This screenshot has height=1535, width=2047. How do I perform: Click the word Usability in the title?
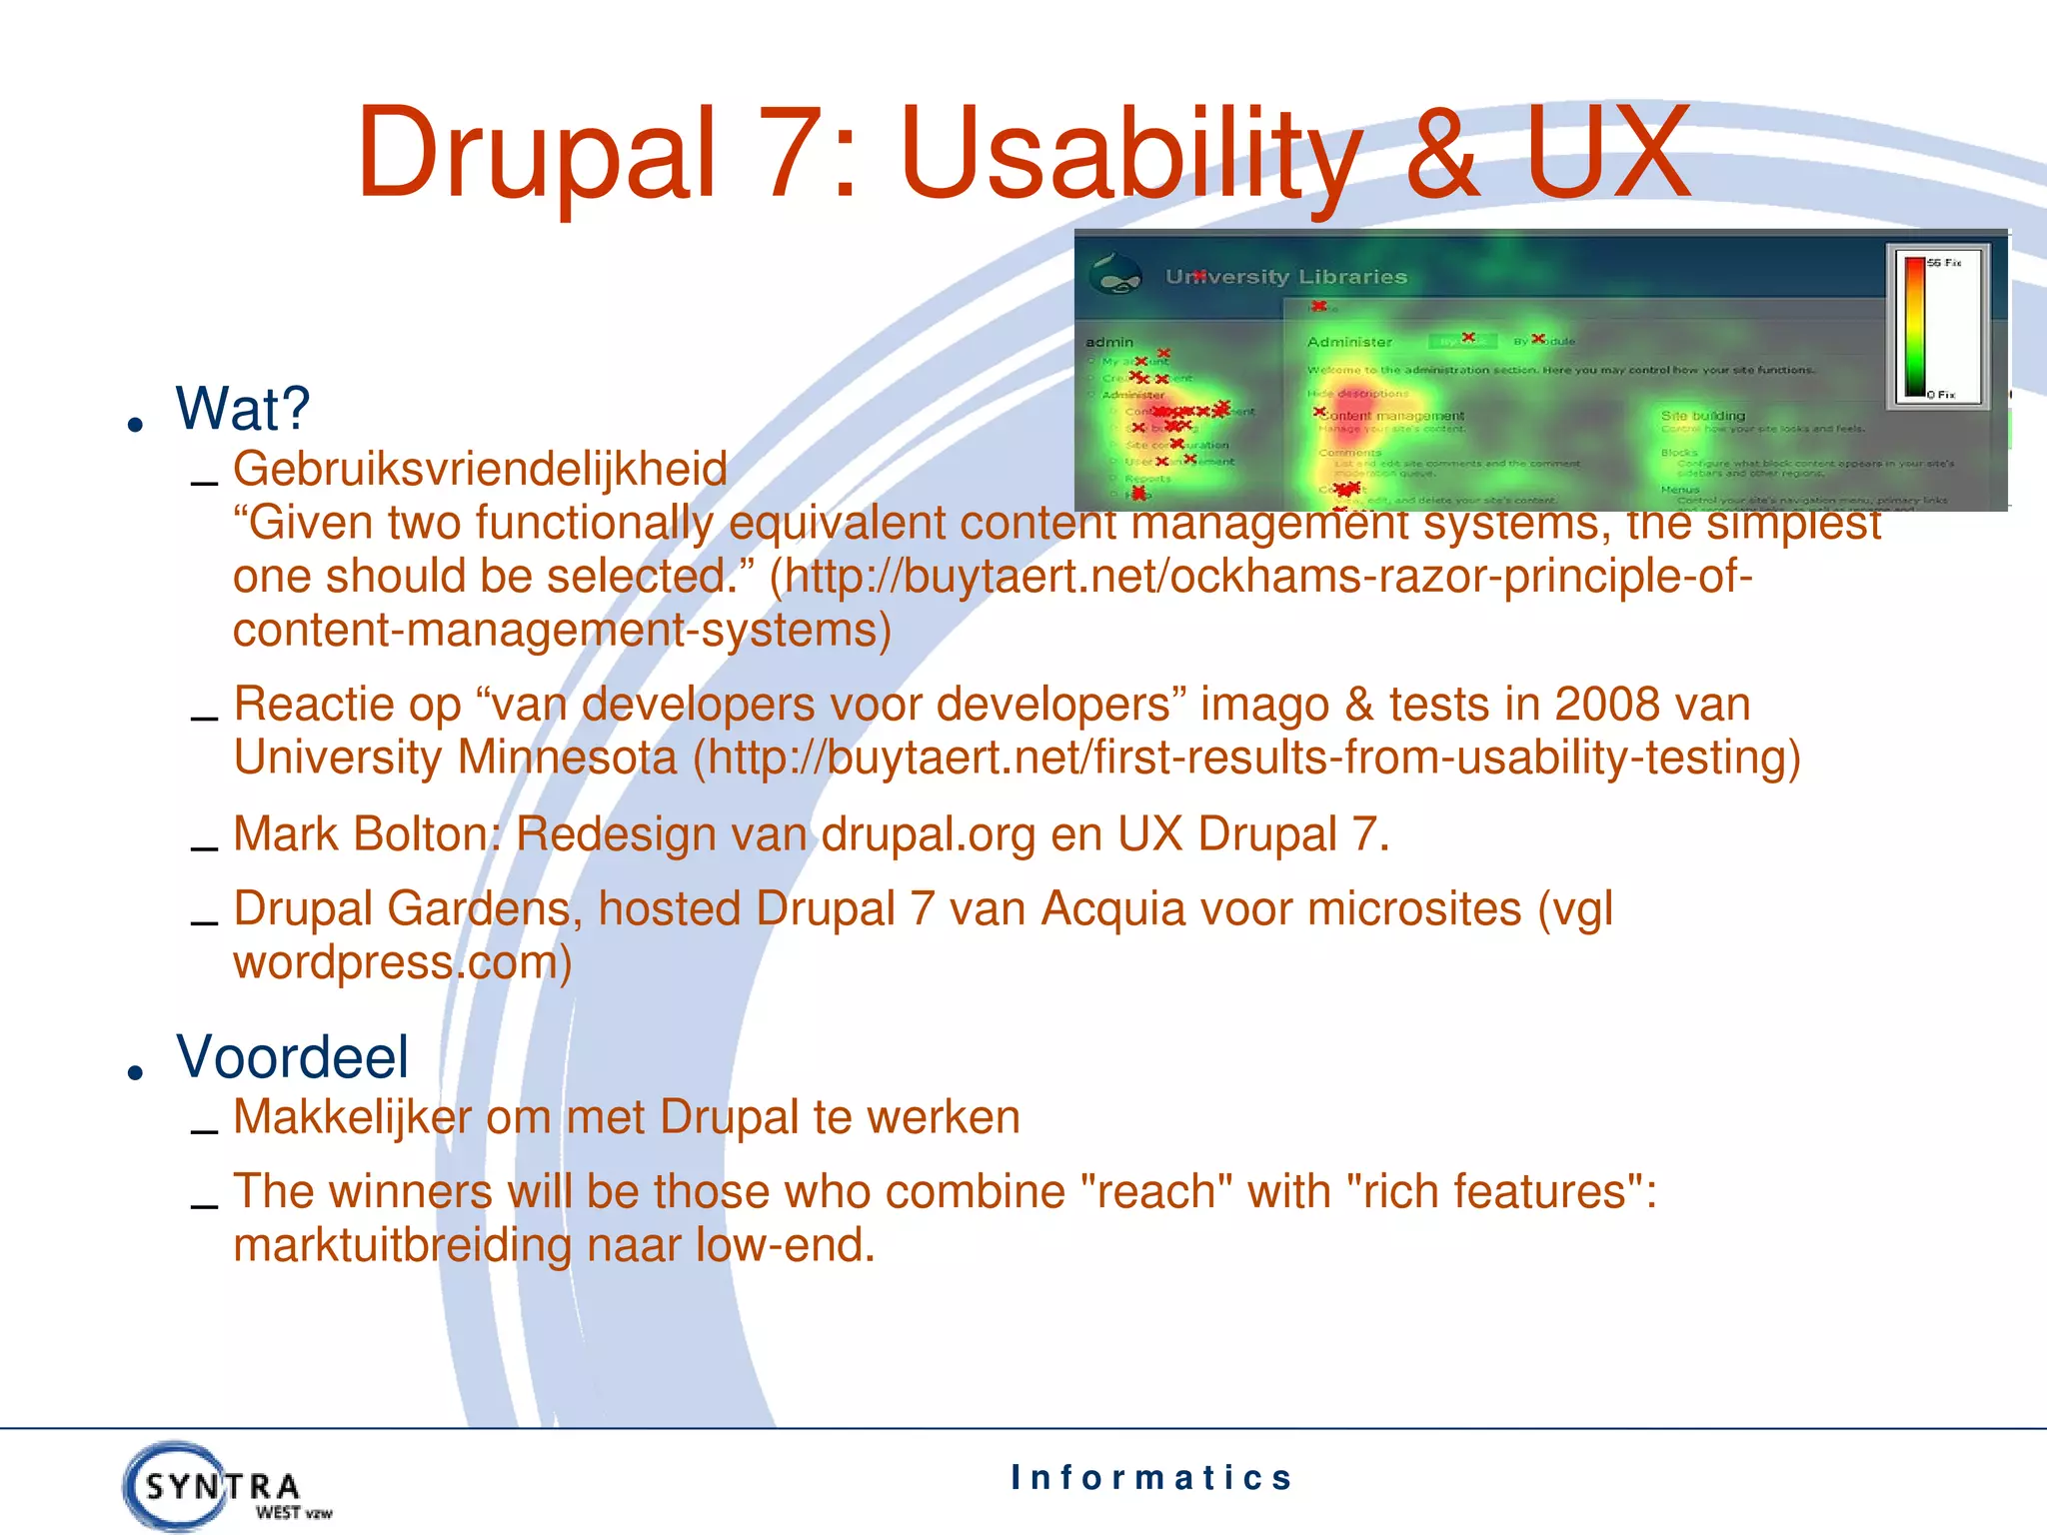pos(1129,155)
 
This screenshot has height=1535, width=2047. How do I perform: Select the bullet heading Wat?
pos(243,409)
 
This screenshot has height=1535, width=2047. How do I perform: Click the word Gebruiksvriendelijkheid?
pos(480,469)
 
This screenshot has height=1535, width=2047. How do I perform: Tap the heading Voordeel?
pos(292,1057)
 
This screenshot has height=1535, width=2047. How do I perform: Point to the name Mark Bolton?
pos(365,833)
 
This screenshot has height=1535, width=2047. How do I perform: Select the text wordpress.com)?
pos(402,962)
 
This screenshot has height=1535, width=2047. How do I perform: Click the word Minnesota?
pos(567,758)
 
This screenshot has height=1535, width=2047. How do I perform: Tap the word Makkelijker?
pos(352,1117)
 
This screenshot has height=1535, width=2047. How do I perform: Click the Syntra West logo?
pos(224,1487)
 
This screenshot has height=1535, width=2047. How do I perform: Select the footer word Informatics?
pos(1151,1477)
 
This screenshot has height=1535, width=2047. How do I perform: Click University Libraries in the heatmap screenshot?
pos(1285,277)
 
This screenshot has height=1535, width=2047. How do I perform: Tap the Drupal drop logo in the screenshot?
pos(1116,274)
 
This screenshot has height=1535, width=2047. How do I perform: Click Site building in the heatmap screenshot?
pos(1702,416)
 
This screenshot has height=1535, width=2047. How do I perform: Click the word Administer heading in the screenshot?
pos(1349,342)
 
